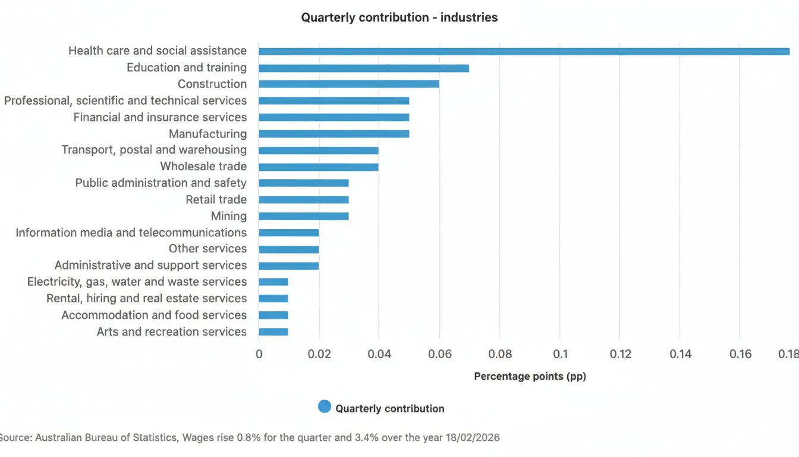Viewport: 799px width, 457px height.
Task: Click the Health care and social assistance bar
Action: point(523,51)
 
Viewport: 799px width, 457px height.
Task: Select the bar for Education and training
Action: point(364,68)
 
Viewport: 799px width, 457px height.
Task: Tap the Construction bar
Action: point(349,84)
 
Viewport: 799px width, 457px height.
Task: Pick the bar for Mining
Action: point(304,216)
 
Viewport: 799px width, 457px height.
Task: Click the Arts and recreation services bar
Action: point(273,331)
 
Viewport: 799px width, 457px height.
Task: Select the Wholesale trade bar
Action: point(319,167)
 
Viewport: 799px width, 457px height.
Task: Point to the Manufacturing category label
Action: point(207,134)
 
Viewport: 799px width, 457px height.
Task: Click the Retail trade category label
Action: point(216,200)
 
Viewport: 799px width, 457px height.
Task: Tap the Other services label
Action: point(207,249)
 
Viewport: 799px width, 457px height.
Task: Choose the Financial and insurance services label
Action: point(160,117)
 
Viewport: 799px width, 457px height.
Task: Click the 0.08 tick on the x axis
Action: point(500,355)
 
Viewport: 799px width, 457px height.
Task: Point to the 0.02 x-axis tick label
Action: point(319,355)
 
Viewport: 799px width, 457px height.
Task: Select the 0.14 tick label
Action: point(680,355)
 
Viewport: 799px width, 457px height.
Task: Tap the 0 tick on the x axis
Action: point(259,355)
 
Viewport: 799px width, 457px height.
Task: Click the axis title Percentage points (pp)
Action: point(530,377)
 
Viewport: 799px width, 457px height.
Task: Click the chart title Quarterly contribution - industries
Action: point(400,18)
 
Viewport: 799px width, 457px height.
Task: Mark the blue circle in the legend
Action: point(325,407)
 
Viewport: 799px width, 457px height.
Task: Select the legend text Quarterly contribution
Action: point(390,409)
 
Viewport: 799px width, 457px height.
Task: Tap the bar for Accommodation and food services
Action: point(273,315)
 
